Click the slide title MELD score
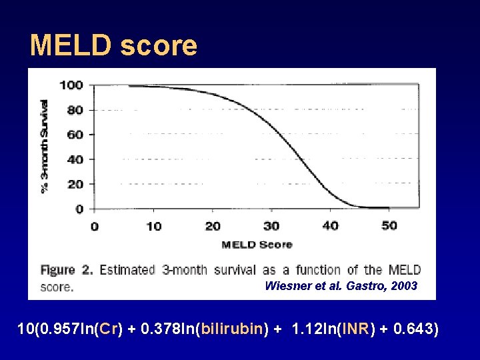114,45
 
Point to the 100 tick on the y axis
71,85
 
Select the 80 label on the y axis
75,109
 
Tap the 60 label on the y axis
75,134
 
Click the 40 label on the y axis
75,159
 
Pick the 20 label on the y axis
75,184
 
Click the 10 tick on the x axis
153,226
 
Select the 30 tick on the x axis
271,226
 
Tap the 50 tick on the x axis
389,226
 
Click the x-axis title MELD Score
257,245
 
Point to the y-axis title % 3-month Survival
45,146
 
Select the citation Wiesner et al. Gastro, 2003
341,286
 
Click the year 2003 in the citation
404,286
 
